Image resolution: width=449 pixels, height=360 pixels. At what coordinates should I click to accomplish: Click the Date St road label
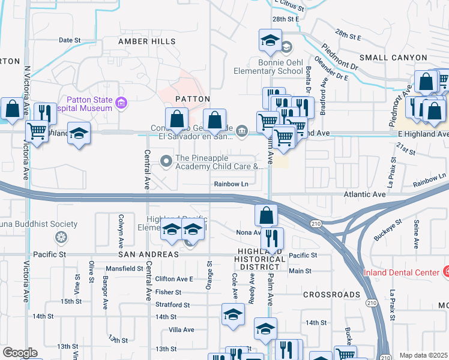(70, 40)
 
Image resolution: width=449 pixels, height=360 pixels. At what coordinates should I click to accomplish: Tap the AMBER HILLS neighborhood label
(147, 41)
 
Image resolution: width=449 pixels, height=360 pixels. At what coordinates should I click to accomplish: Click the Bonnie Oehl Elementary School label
(272, 67)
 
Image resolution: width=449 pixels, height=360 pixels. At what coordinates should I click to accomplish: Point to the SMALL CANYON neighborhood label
(388, 57)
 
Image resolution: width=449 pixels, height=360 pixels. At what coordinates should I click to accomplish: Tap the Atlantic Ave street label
(364, 194)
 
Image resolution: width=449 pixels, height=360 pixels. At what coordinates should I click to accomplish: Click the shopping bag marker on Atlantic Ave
(266, 214)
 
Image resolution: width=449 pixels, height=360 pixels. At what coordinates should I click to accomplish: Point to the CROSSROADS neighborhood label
(331, 295)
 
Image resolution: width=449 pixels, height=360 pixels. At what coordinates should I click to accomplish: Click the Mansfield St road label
(125, 268)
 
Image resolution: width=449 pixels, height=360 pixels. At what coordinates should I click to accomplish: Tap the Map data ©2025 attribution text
(423, 355)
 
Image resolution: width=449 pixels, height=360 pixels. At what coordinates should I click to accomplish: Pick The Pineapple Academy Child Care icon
(166, 160)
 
